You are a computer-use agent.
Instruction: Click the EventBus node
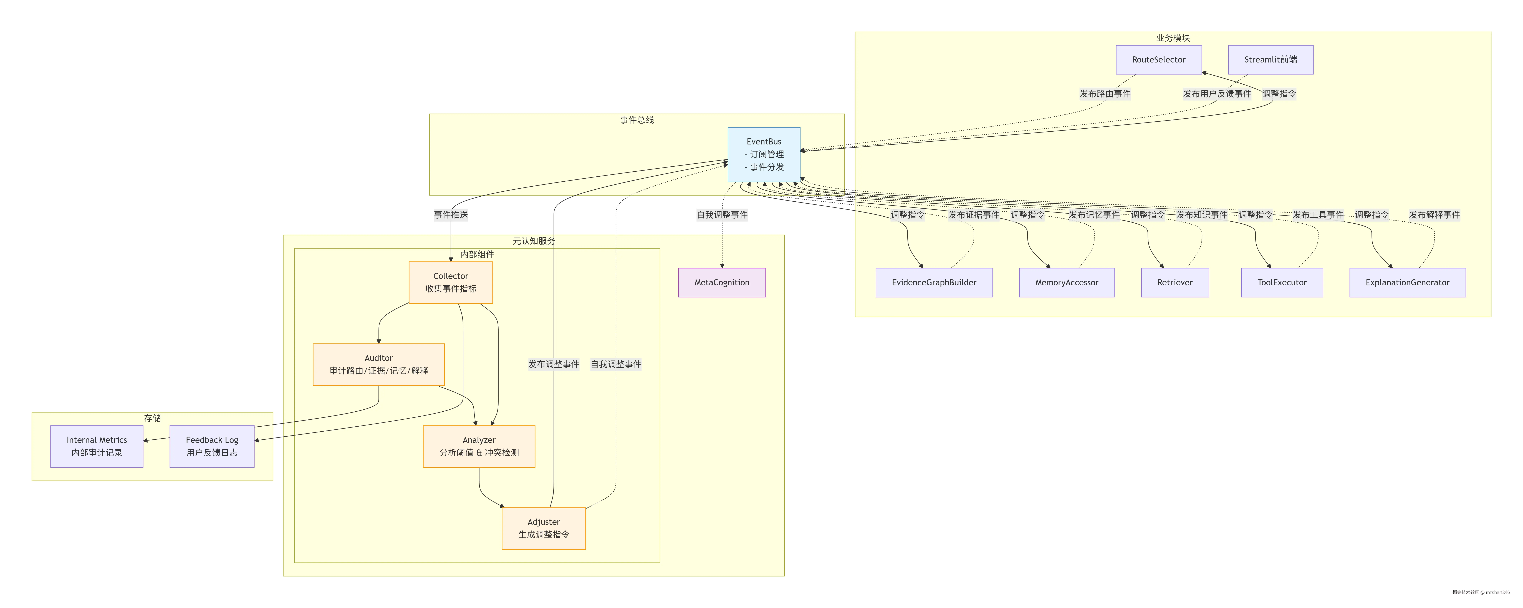tap(764, 154)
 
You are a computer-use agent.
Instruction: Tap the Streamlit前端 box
tap(1271, 60)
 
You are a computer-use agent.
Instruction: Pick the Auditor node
tap(378, 364)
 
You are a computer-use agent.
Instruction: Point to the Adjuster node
tap(543, 528)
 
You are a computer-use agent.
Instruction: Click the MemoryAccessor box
tap(1067, 283)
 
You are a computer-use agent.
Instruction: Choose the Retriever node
tap(1175, 283)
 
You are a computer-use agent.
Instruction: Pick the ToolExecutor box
tap(1282, 283)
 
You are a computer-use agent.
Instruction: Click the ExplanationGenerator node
tap(1407, 283)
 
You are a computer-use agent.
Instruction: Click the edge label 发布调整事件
tap(553, 364)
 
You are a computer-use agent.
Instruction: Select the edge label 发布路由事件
tap(1104, 93)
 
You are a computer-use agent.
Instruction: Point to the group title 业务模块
tap(1173, 38)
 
